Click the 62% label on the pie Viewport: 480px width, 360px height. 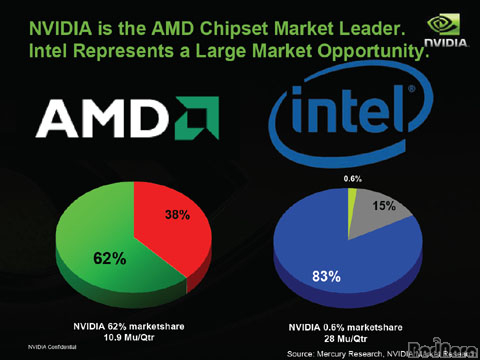(x=110, y=259)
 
